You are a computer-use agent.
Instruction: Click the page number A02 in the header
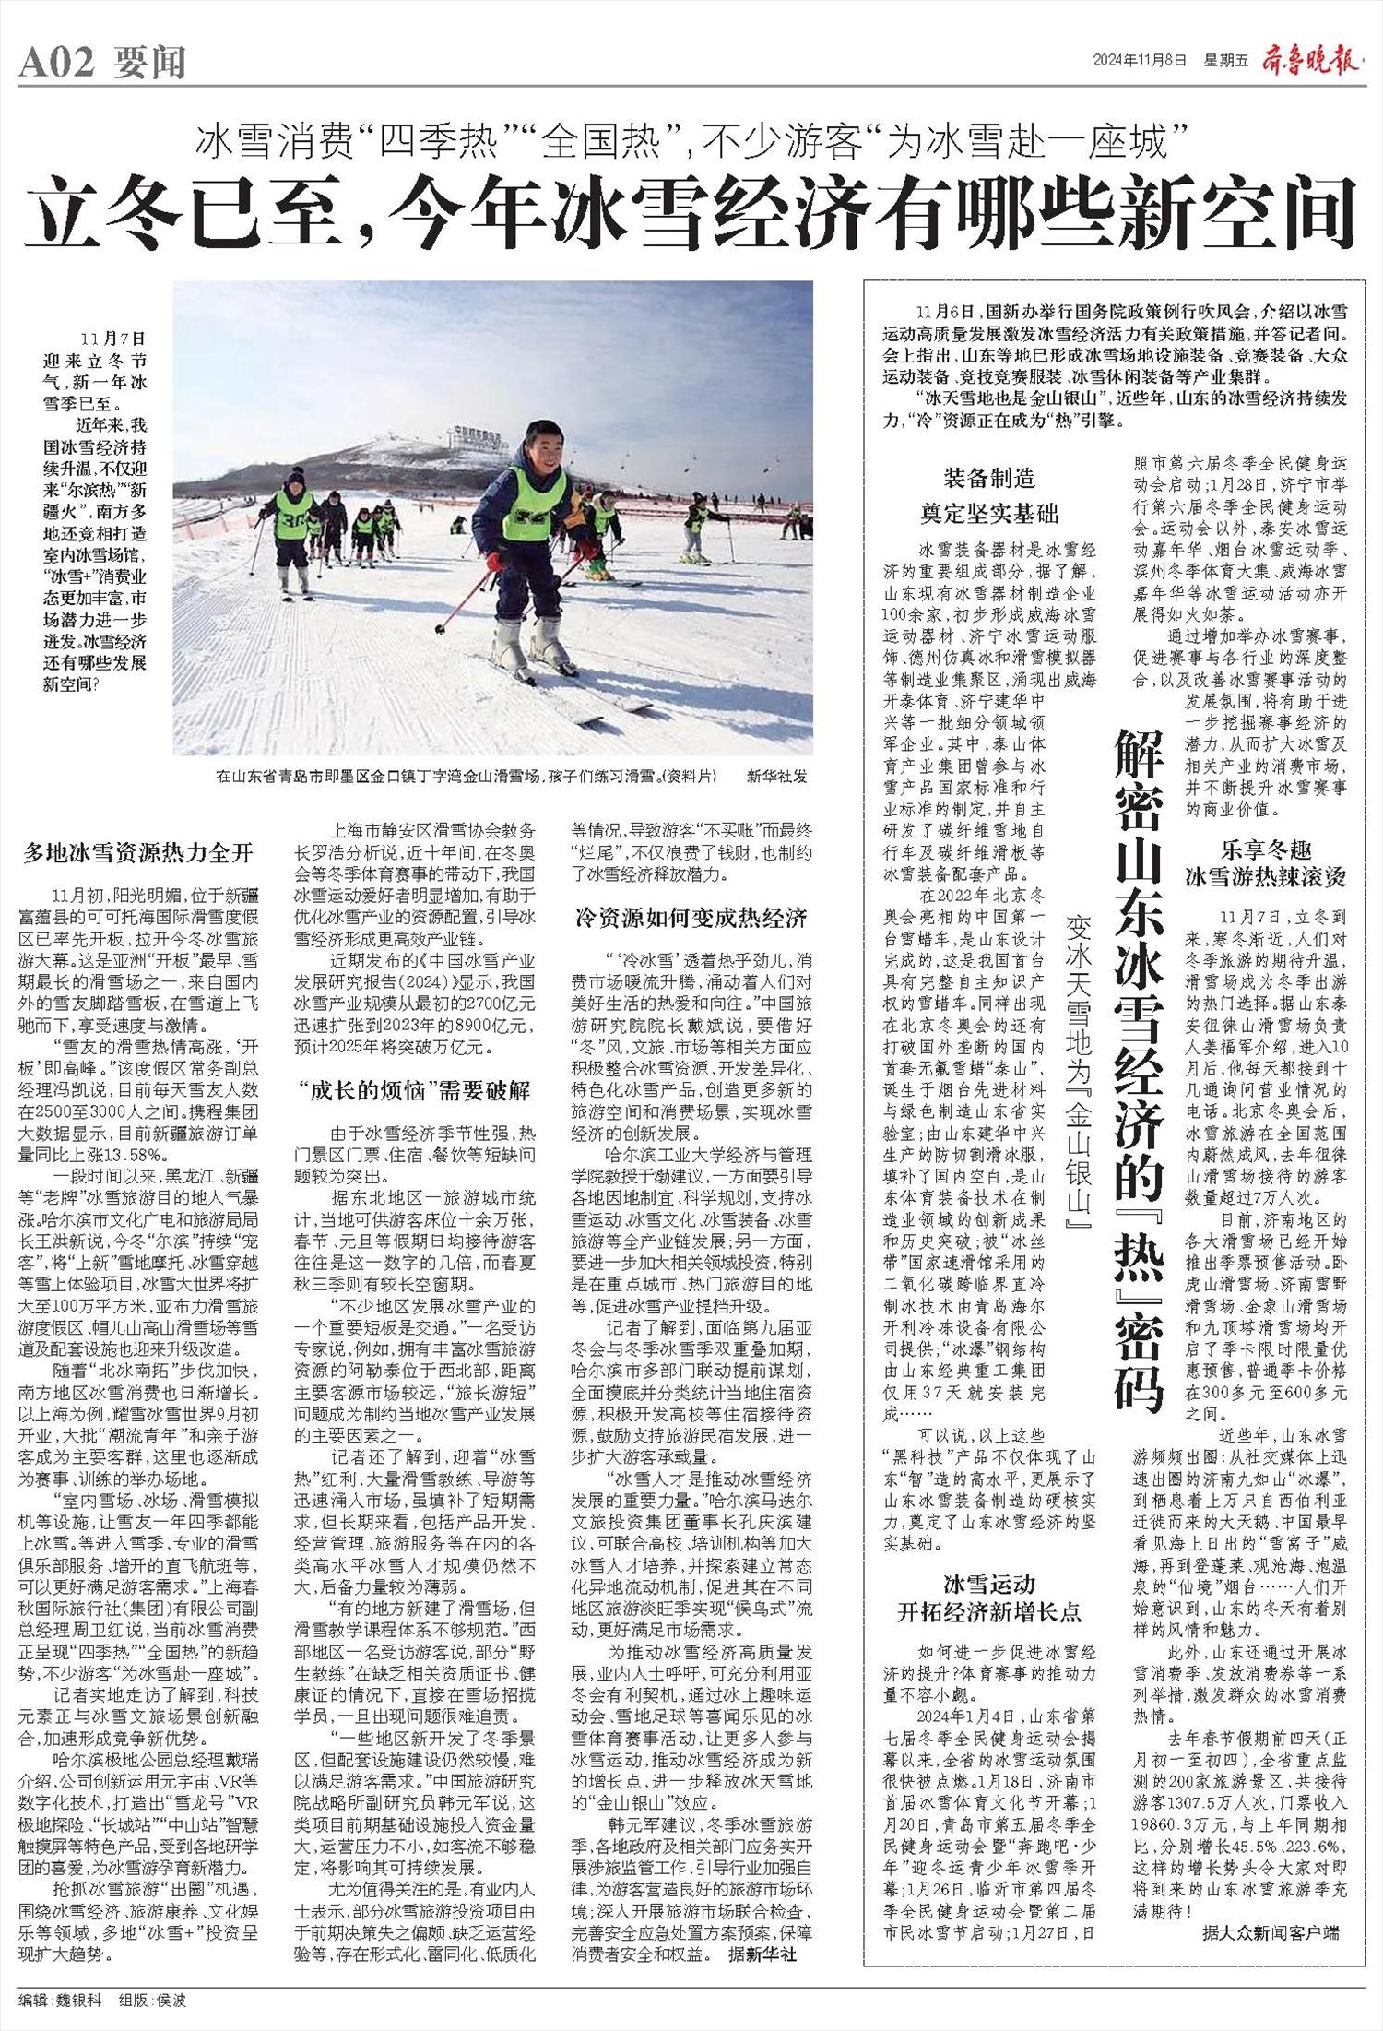coord(57,63)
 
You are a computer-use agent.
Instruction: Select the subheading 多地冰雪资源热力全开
coord(138,851)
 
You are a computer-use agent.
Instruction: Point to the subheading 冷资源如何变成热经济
coord(691,918)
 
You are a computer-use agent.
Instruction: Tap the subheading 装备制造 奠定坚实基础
coord(988,495)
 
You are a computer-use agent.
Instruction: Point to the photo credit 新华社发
coord(776,777)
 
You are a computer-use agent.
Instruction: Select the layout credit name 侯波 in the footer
coord(171,1997)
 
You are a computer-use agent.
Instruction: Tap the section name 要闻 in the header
coord(149,63)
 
